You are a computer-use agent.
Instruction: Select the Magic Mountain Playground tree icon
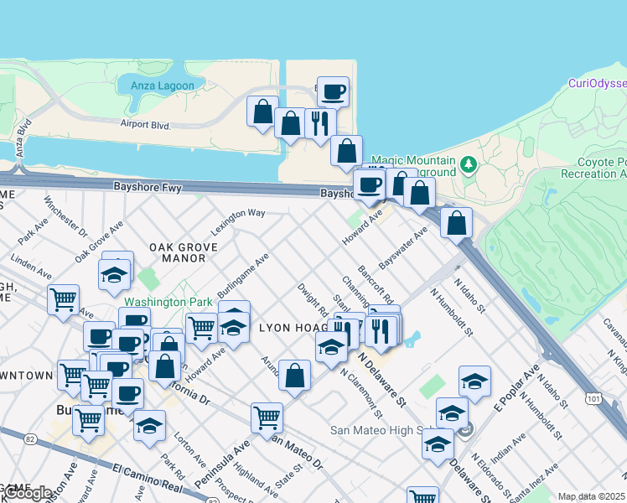(470, 163)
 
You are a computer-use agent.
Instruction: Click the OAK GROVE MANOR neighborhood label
(184, 252)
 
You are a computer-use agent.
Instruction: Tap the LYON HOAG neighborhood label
(290, 328)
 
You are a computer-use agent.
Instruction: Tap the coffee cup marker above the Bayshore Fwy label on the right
(368, 184)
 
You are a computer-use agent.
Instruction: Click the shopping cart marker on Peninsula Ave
(267, 417)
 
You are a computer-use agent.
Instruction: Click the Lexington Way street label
(238, 219)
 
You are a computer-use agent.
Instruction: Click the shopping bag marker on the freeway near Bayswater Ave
(456, 222)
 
